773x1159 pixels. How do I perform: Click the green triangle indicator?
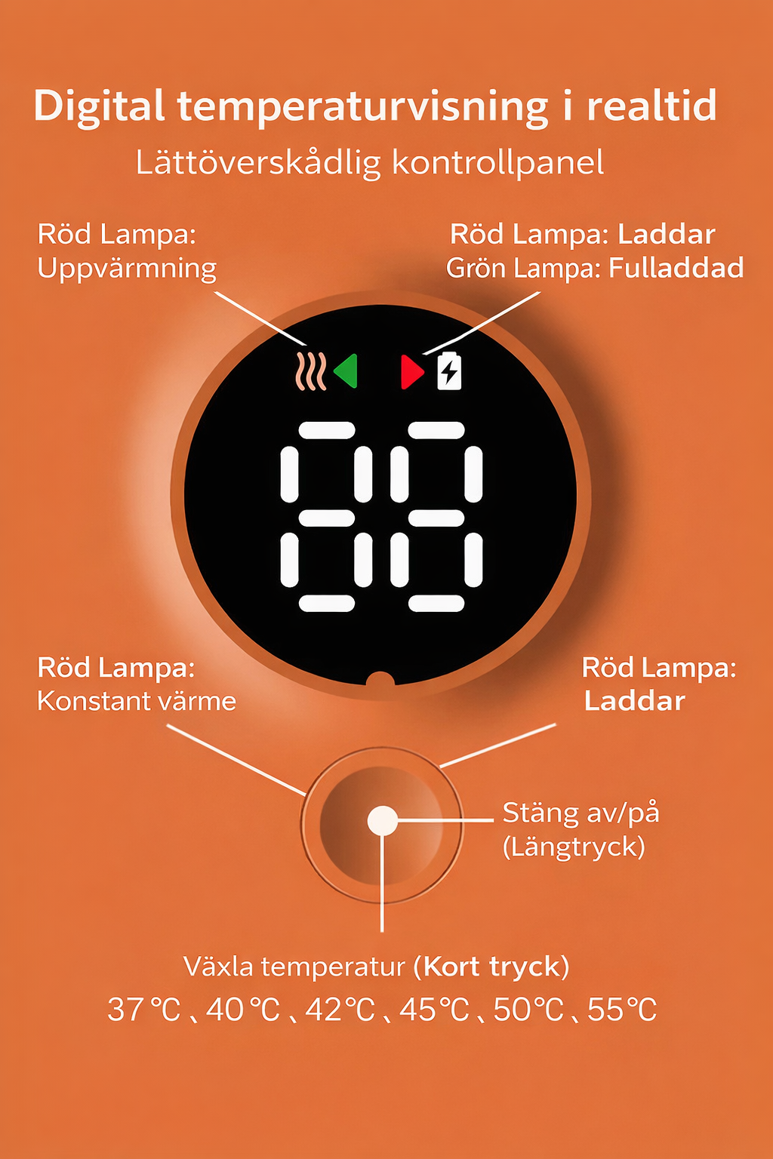[346, 371]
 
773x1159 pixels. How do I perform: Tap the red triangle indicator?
[412, 371]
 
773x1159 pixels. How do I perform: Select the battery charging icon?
[449, 370]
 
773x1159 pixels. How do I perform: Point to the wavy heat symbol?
[311, 371]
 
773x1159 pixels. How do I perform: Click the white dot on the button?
[382, 821]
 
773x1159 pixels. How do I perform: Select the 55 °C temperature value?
[622, 1010]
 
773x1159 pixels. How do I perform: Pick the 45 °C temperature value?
[434, 1010]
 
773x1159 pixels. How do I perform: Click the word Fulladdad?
[676, 268]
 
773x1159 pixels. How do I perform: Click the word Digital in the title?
[100, 106]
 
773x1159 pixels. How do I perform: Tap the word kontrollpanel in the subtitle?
[498, 164]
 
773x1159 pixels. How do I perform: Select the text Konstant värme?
[137, 702]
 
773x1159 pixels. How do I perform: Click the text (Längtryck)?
[574, 849]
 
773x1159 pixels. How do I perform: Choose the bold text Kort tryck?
[492, 967]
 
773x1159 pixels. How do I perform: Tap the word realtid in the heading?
[652, 106]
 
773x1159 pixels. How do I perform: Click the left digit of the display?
[326, 517]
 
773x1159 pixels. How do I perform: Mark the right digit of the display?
[436, 517]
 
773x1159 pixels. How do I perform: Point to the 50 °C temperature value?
[528, 1010]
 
